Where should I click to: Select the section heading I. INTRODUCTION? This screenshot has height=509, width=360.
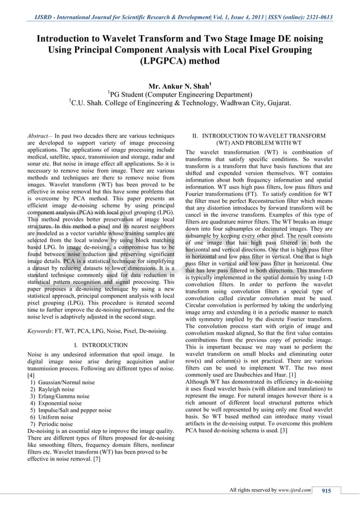pos(101,345)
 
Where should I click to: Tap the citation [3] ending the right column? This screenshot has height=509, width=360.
pos(284,431)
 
